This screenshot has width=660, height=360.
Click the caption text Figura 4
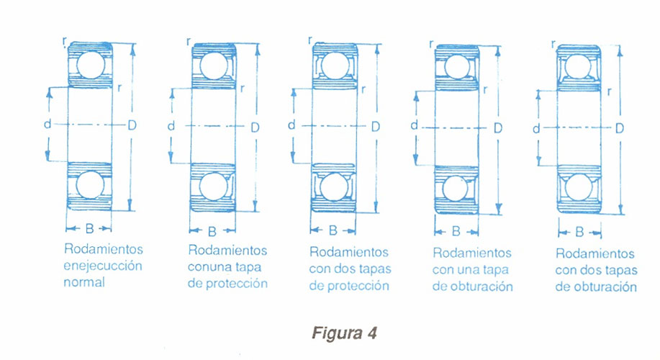(x=344, y=334)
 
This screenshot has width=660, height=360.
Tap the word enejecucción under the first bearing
(x=103, y=266)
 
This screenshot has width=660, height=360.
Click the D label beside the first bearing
(x=132, y=125)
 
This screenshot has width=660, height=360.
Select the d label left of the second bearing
(x=171, y=126)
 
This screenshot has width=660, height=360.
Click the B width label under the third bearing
(x=333, y=230)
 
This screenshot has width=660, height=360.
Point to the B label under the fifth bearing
(x=580, y=233)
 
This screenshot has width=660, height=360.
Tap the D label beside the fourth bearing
(x=498, y=127)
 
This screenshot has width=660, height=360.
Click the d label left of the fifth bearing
(x=536, y=129)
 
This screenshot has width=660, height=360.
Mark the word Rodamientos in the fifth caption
(x=595, y=254)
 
